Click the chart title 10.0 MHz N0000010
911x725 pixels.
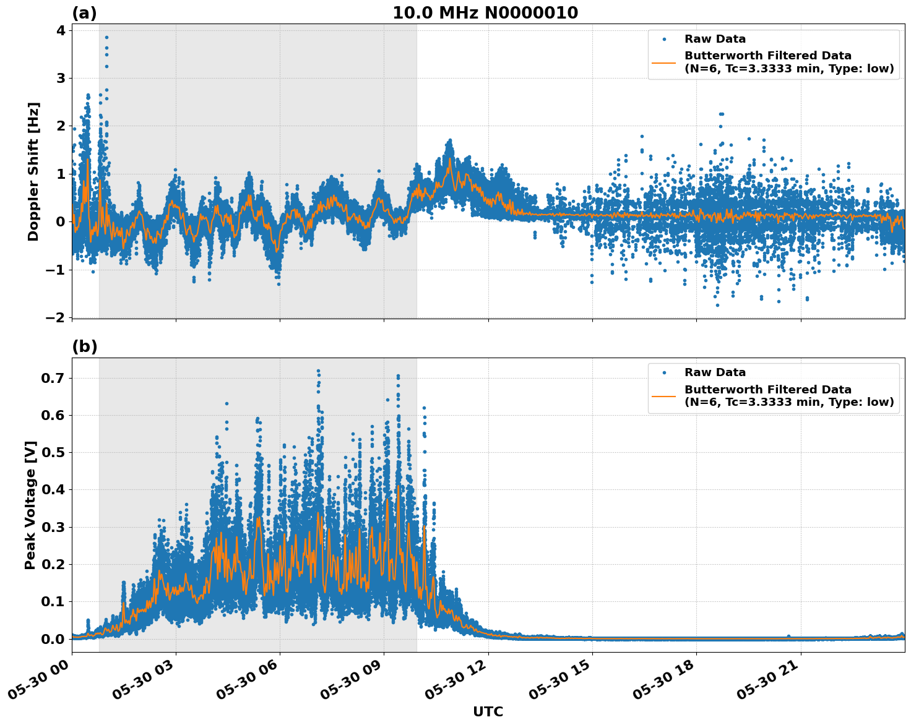coord(485,13)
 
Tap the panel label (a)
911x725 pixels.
coord(84,13)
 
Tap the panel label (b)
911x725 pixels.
coord(84,347)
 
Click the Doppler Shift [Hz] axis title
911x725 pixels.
coord(33,171)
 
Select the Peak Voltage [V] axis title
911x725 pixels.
coord(30,505)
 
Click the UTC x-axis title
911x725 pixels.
coord(488,711)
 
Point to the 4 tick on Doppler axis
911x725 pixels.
coord(61,30)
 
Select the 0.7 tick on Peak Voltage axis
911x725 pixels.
coord(56,378)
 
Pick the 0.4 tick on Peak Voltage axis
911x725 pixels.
coord(56,490)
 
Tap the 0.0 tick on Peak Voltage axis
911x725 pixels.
coord(56,639)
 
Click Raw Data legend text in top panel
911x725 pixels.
coord(715,39)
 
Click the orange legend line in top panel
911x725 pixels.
coord(664,62)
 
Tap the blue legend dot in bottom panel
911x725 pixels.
coord(664,372)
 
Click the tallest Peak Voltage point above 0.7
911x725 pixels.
coord(318,371)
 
